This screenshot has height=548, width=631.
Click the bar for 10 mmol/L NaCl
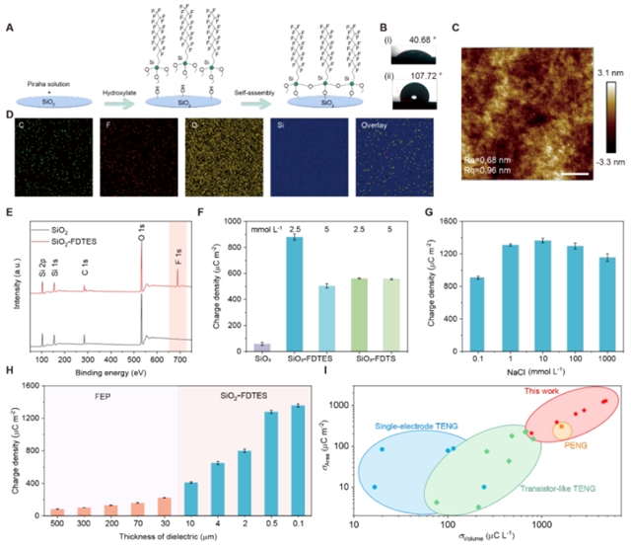pyautogui.click(x=540, y=294)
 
